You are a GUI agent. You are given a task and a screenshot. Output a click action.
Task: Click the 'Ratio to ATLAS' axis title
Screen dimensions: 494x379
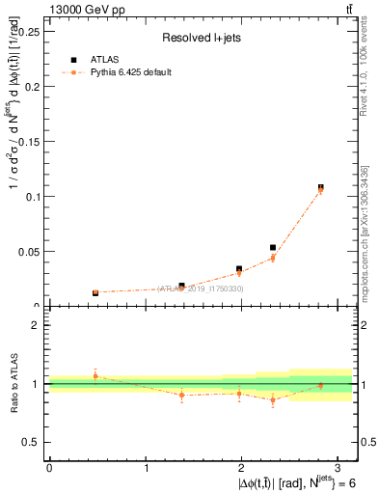[x=14, y=383]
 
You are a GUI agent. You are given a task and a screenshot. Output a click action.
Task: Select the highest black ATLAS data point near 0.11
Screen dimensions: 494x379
[x=321, y=187]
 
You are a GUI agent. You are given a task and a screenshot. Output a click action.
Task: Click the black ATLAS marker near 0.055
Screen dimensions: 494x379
[x=273, y=248]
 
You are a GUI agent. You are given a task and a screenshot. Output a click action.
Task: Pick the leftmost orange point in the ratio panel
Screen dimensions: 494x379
[x=95, y=375]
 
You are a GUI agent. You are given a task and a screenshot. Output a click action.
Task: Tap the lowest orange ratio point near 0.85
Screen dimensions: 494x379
[x=273, y=399]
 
